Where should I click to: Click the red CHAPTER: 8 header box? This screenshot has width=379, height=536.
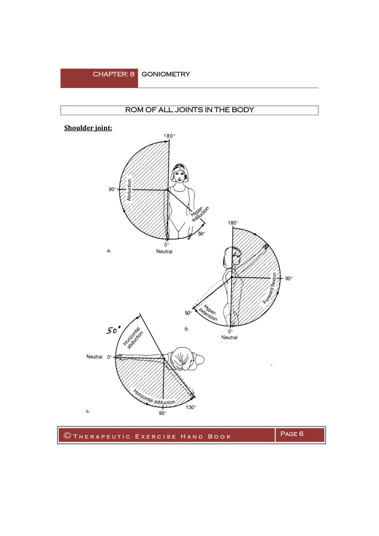99,75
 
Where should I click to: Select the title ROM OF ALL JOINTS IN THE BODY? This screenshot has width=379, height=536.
189,110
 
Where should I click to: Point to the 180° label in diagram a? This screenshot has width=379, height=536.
169,136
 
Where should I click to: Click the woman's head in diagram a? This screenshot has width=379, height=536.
178,174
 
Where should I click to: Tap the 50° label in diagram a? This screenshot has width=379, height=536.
201,234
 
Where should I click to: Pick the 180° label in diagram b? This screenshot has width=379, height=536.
233,223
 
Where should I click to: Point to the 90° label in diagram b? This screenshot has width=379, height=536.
289,278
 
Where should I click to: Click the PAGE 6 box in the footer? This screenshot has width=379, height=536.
291,434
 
